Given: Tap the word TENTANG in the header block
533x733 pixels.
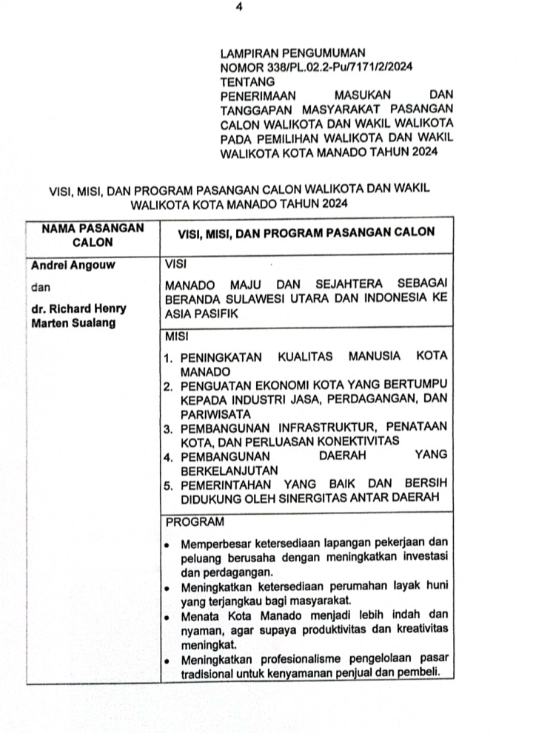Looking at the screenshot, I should click(x=247, y=81).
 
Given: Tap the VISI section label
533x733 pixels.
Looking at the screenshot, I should click(x=178, y=263).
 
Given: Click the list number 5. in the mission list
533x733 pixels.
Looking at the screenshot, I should click(x=170, y=484).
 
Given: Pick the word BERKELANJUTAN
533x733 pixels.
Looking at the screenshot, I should click(x=220, y=470).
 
